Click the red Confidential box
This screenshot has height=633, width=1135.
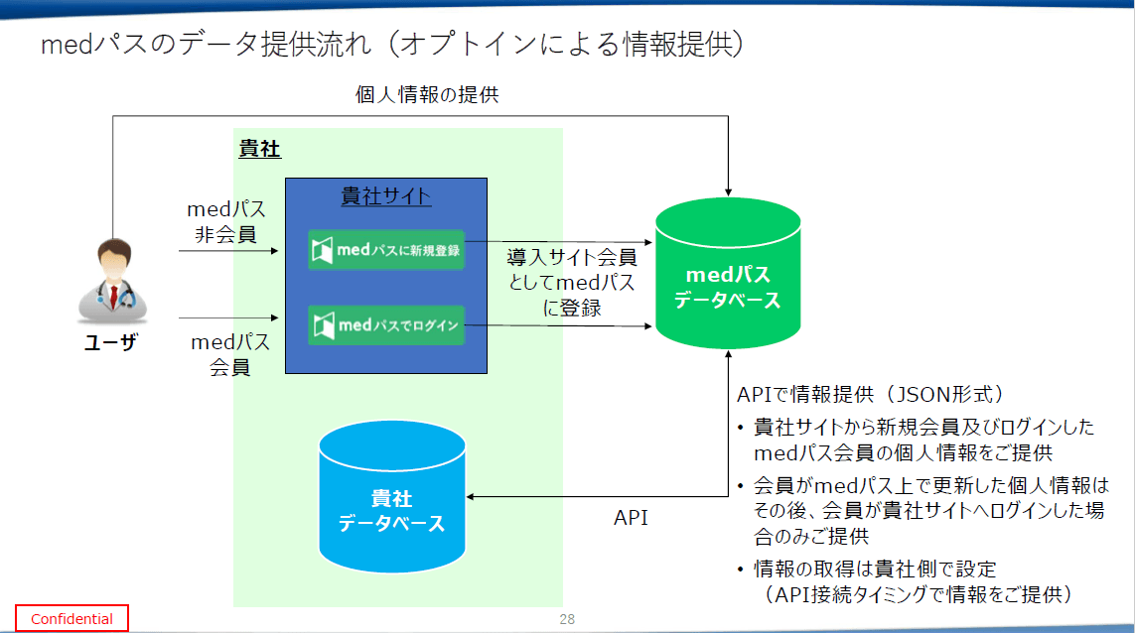[x=71, y=618]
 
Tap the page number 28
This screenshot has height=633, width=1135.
[x=567, y=618]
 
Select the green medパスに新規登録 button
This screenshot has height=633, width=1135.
[x=385, y=250]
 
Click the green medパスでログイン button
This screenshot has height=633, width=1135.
[x=385, y=324]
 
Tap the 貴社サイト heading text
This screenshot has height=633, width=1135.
[x=386, y=195]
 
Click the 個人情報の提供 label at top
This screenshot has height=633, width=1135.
[x=427, y=95]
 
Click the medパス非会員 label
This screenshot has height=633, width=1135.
[x=226, y=222]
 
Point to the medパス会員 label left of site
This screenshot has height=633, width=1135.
[x=229, y=354]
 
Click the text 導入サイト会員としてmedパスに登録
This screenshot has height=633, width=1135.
[x=572, y=283]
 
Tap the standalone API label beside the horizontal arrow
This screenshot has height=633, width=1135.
[x=630, y=517]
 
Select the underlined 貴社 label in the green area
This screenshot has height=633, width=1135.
[x=259, y=150]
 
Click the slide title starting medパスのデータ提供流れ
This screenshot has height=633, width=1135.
[x=392, y=45]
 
